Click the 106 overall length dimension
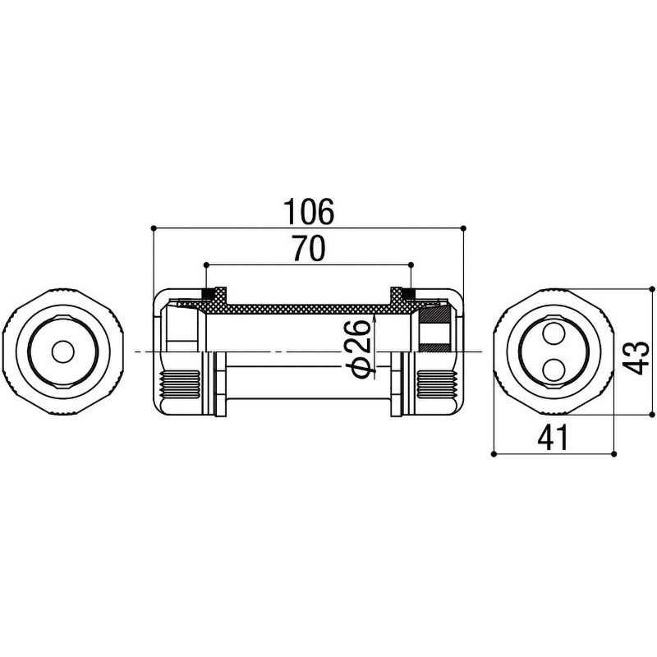pos(309,211)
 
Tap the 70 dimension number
pos(309,248)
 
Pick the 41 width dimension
pos(553,437)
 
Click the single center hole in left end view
pos(63,352)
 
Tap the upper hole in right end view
pos(554,335)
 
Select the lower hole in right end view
pos(554,369)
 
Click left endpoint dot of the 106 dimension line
pos(154,228)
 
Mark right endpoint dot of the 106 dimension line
pos(463,228)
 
